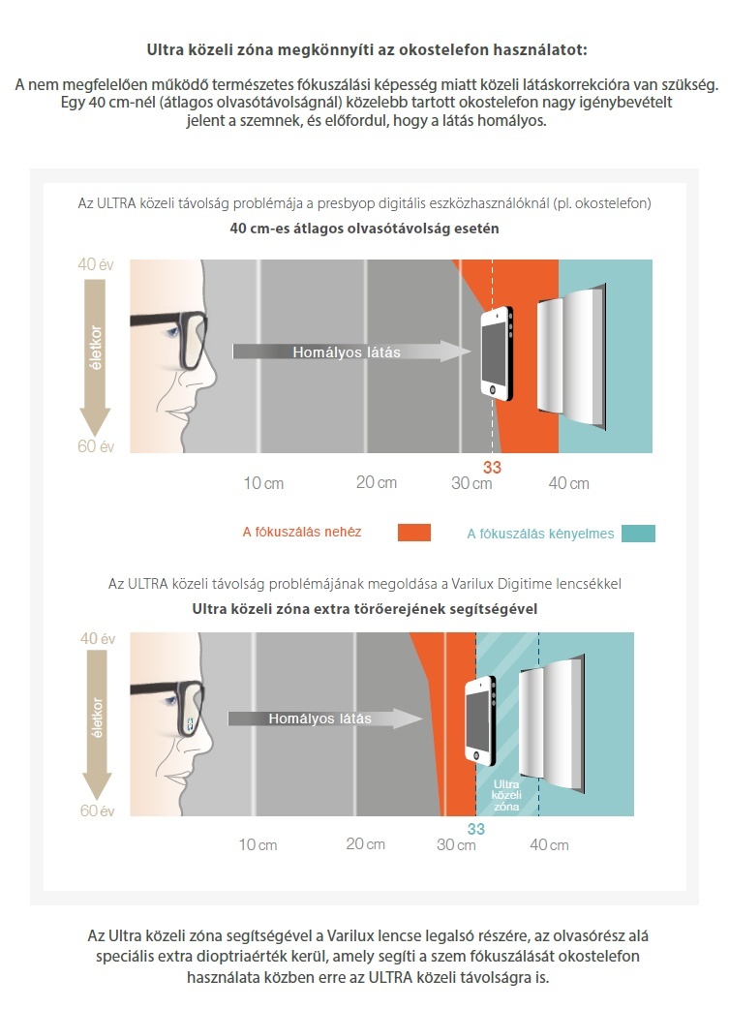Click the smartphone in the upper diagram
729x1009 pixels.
(498, 353)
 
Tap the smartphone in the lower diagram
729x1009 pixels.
(480, 720)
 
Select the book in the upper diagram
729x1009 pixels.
(571, 355)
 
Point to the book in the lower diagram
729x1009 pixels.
(552, 724)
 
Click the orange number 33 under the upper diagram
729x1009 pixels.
(492, 468)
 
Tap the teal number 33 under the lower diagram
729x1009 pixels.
(476, 829)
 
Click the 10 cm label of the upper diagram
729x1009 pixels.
(263, 483)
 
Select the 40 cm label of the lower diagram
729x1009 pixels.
(549, 845)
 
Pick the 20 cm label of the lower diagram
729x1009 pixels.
(365, 843)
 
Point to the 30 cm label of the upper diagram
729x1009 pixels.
(471, 483)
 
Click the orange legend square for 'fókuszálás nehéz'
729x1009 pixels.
(414, 533)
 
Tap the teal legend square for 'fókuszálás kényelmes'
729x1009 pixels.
(638, 534)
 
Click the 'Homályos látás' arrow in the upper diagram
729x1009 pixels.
(352, 352)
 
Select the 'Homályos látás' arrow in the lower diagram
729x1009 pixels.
(325, 719)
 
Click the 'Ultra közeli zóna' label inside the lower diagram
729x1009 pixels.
(506, 795)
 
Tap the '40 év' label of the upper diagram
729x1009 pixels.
(95, 263)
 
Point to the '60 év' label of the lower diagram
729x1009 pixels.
(97, 810)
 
